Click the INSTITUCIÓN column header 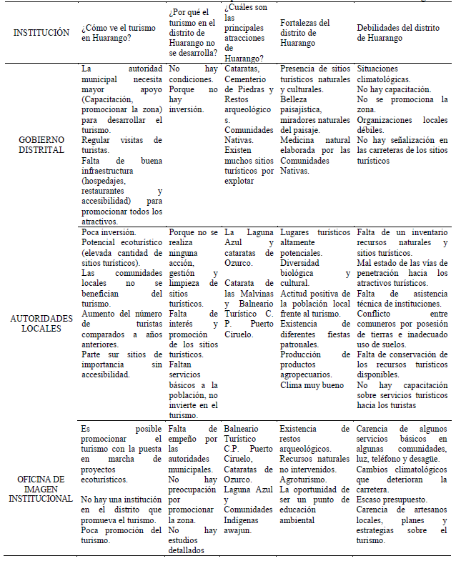(41, 32)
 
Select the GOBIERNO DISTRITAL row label (41, 145)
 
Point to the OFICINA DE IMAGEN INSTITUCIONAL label (41, 488)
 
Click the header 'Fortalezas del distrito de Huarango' (306, 33)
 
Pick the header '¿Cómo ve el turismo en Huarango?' (118, 33)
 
